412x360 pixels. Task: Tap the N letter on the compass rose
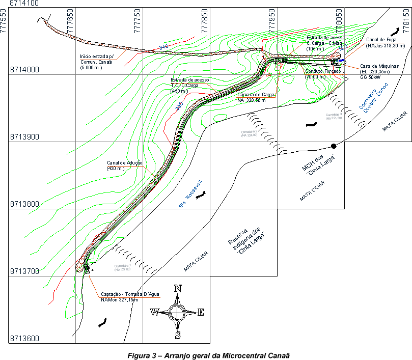click(x=178, y=288)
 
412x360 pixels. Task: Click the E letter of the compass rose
click(x=201, y=312)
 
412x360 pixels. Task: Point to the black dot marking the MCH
click(x=334, y=146)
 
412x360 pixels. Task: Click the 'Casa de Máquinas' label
click(x=380, y=66)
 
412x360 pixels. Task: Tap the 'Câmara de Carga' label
click(x=257, y=95)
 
